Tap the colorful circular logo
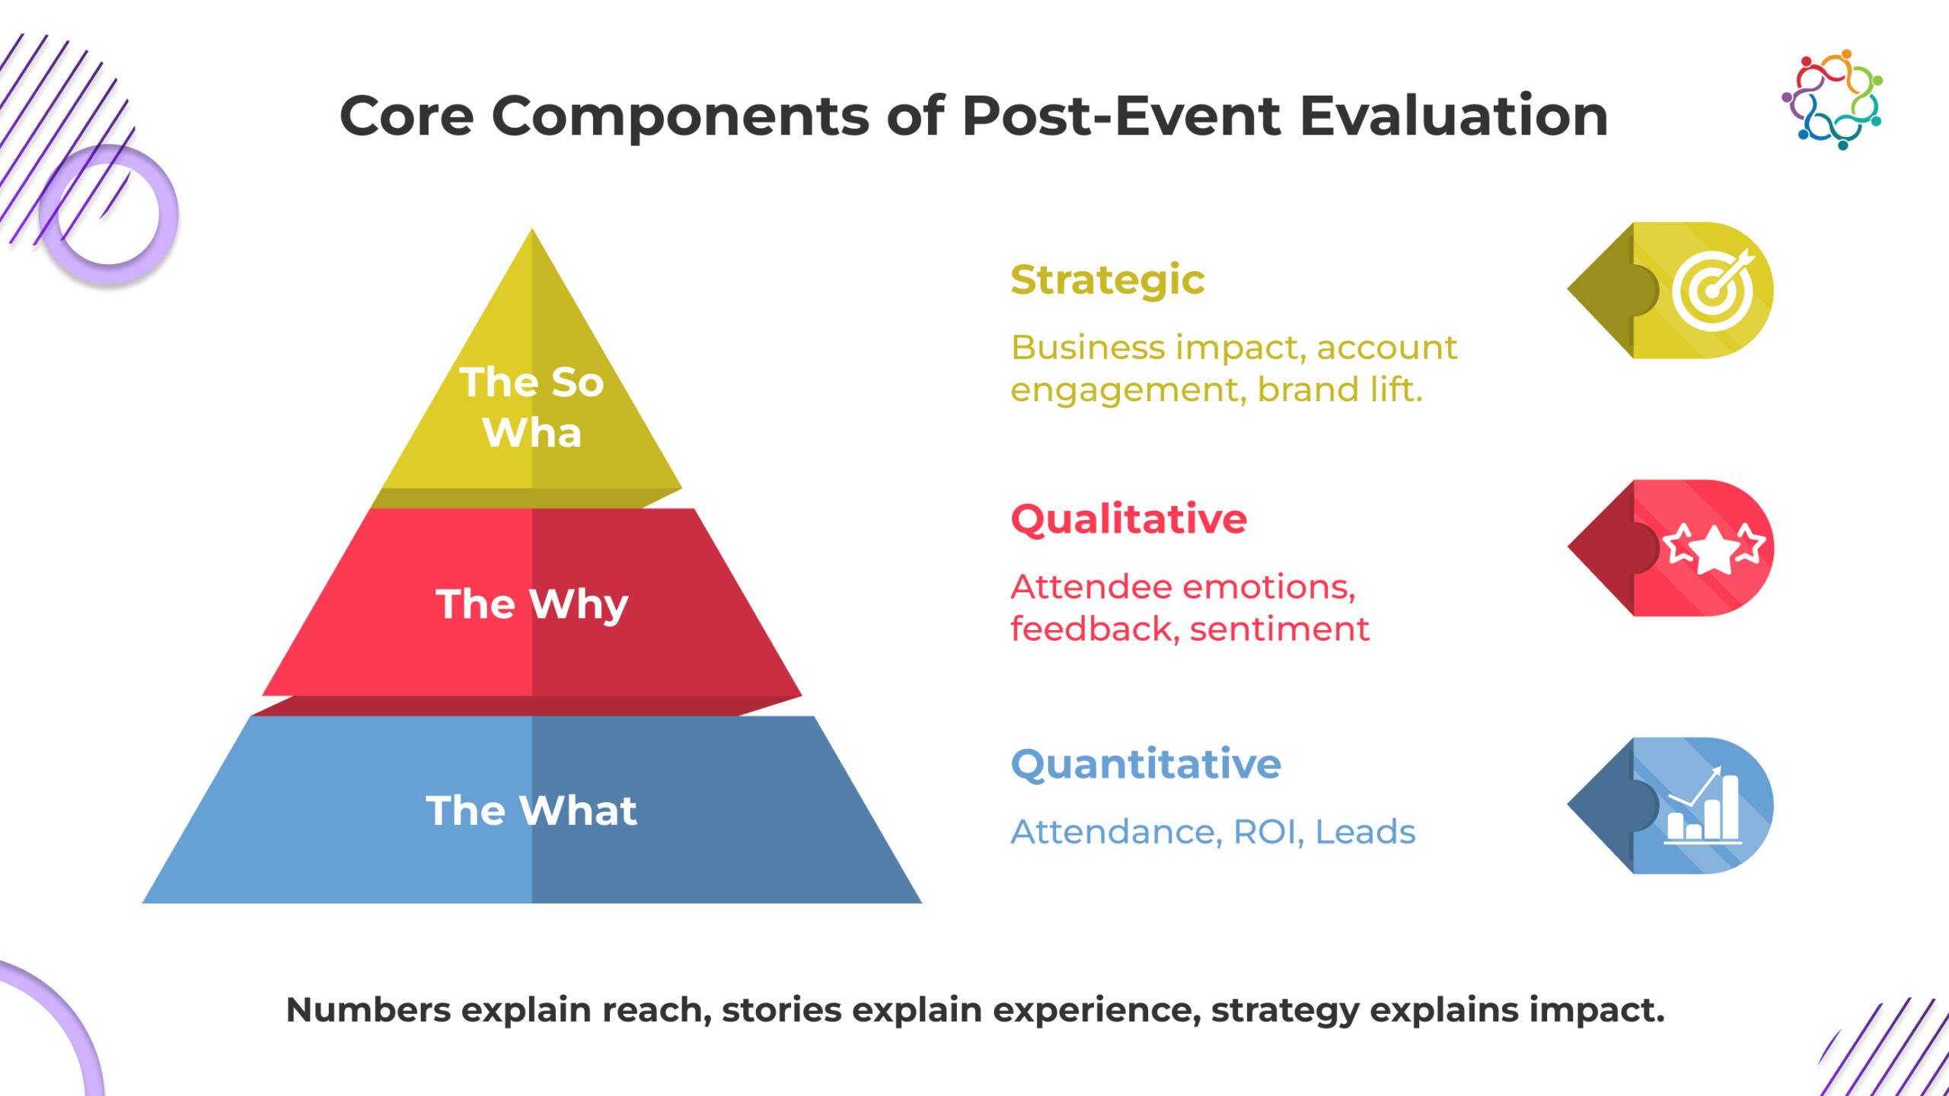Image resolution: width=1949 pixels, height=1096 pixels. pyautogui.click(x=1832, y=100)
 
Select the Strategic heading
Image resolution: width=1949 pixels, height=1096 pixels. pyautogui.click(x=1107, y=280)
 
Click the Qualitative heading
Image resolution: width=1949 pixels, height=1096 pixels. pyautogui.click(x=1128, y=520)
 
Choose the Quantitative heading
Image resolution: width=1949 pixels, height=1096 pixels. pyautogui.click(x=1145, y=764)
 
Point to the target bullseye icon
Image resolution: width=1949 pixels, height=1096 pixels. pyautogui.click(x=1714, y=290)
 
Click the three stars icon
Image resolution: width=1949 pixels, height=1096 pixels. pyautogui.click(x=1713, y=547)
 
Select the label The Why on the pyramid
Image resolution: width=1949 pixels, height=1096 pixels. pyautogui.click(x=531, y=604)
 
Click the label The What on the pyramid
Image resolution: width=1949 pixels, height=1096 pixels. pyautogui.click(x=531, y=810)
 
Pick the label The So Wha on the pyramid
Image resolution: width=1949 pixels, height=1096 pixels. pyautogui.click(x=531, y=407)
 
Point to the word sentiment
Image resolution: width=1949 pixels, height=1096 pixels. pyautogui.click(x=1279, y=629)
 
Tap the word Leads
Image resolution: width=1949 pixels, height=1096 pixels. pyautogui.click(x=1365, y=832)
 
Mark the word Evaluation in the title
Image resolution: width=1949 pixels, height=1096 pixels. pyautogui.click(x=1453, y=116)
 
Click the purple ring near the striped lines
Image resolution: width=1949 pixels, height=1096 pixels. pyautogui.click(x=109, y=215)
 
